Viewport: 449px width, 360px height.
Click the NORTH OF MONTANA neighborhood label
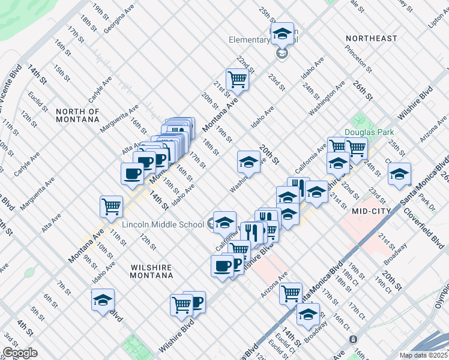pyautogui.click(x=77, y=115)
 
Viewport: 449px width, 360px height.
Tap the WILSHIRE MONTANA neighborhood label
pyautogui.click(x=151, y=271)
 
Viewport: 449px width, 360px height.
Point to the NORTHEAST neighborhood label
pyautogui.click(x=372, y=38)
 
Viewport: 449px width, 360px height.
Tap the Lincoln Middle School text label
pyautogui.click(x=163, y=224)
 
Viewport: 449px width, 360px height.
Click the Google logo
pyautogui.click(x=20, y=353)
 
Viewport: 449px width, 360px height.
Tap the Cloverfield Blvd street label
pyautogui.click(x=423, y=228)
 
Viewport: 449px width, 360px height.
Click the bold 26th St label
pyautogui.click(x=363, y=90)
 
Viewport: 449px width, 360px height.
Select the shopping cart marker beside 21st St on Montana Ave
pyautogui.click(x=238, y=78)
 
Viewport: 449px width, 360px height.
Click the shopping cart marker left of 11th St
pyautogui.click(x=112, y=206)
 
